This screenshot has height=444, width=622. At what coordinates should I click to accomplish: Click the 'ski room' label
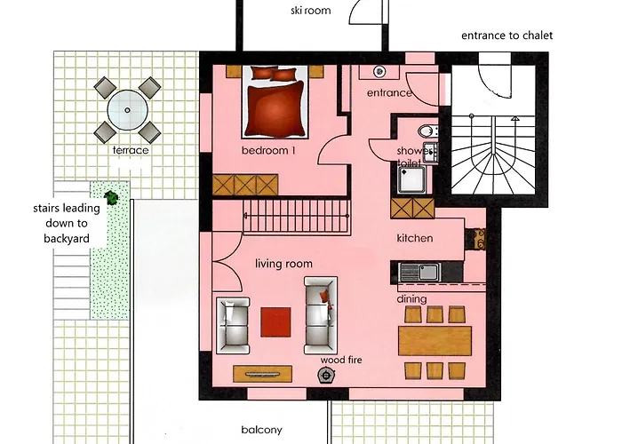311,11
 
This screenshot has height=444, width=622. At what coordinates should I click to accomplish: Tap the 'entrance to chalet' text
507,36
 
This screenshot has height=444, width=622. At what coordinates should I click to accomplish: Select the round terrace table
127,110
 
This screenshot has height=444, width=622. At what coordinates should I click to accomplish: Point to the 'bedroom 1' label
268,151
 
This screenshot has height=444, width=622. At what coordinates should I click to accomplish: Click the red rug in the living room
275,321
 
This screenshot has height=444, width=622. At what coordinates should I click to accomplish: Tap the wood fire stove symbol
326,375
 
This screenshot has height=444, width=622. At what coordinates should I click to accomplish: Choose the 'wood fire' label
341,360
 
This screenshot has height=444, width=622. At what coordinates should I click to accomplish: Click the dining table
435,341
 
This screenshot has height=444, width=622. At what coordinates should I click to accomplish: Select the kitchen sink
419,273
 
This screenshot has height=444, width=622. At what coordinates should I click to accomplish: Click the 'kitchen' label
415,238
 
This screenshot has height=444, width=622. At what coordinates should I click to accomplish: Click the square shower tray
411,179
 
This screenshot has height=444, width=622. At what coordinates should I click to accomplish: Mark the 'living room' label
283,264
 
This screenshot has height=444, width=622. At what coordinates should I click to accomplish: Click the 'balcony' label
262,430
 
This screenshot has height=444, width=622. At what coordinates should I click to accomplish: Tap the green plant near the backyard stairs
111,197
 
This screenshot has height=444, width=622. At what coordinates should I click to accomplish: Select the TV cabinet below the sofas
263,374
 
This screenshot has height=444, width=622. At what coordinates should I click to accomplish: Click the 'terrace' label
131,150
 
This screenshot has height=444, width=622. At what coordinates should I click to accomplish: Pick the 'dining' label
411,299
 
